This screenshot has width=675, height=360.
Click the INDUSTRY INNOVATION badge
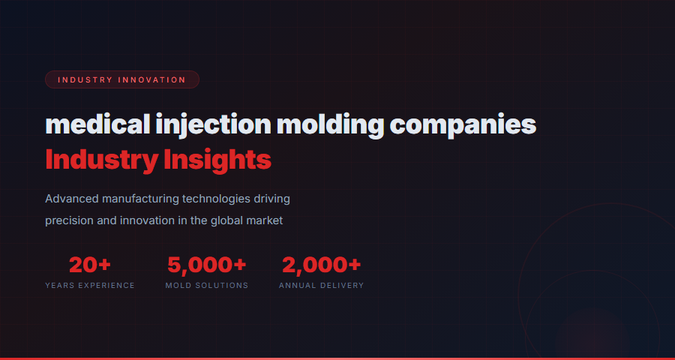click(x=121, y=79)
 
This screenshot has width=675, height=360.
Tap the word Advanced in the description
click(x=73, y=199)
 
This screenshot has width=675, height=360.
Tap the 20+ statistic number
click(x=90, y=265)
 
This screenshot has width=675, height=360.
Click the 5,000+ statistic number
click(x=207, y=265)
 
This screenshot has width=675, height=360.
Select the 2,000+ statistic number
click(x=322, y=265)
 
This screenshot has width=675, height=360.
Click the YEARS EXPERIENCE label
click(x=90, y=286)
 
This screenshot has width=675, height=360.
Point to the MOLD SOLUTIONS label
click(x=207, y=286)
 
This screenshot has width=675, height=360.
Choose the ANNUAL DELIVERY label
click(x=322, y=286)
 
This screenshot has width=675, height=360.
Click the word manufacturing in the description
click(x=139, y=199)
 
